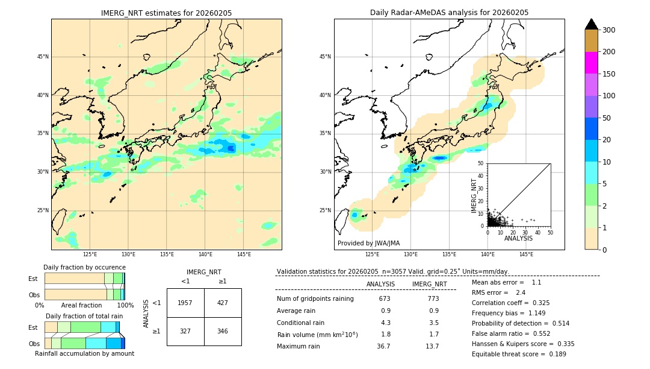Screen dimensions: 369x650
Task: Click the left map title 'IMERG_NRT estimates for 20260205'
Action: (x=166, y=13)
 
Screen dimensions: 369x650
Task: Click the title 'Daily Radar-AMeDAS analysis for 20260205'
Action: (x=449, y=13)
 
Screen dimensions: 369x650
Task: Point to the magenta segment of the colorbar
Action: (x=592, y=63)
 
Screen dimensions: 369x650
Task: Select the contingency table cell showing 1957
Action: (x=185, y=303)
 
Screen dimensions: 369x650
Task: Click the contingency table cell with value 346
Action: (x=223, y=331)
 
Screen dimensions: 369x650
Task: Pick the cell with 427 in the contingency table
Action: (x=223, y=303)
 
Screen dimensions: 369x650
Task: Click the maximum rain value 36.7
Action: (x=383, y=346)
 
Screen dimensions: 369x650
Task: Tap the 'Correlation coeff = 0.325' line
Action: (x=510, y=303)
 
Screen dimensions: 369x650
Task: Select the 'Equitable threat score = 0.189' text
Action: (x=519, y=354)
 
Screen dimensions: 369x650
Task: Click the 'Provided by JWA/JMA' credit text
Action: (x=368, y=243)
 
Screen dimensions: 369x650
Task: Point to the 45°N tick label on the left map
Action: (x=43, y=57)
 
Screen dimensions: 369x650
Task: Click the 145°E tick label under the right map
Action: (x=526, y=254)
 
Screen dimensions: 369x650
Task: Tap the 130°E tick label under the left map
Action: (x=128, y=254)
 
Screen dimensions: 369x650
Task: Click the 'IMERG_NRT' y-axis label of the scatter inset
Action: (x=474, y=195)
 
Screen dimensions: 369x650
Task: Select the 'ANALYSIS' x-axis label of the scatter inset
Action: (x=518, y=238)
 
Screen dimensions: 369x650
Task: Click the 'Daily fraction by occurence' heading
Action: (x=84, y=267)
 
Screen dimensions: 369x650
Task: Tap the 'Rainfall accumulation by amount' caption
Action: (x=84, y=353)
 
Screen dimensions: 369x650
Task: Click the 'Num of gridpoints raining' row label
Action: (x=315, y=298)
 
